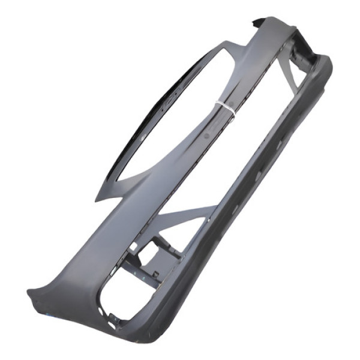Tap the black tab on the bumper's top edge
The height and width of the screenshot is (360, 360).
point(257,22)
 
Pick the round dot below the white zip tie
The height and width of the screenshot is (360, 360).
point(208,136)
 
